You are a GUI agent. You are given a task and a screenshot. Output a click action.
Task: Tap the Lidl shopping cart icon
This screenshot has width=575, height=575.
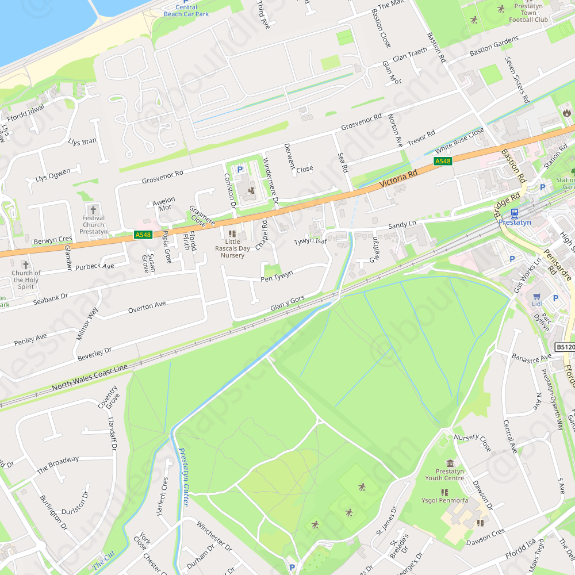pyautogui.click(x=537, y=298)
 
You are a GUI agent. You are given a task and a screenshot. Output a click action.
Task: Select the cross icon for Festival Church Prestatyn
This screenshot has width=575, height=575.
pyautogui.click(x=93, y=209)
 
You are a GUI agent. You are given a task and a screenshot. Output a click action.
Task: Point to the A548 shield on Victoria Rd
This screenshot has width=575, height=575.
pyautogui.click(x=443, y=162)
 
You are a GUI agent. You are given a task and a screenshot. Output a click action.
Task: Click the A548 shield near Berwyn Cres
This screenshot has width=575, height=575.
pyautogui.click(x=143, y=235)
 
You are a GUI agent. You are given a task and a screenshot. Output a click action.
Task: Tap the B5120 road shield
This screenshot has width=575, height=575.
pyautogui.click(x=565, y=347)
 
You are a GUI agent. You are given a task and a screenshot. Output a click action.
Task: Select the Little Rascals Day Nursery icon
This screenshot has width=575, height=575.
pyautogui.click(x=232, y=234)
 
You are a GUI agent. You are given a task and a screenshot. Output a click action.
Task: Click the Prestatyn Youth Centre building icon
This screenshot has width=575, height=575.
pyautogui.click(x=450, y=463)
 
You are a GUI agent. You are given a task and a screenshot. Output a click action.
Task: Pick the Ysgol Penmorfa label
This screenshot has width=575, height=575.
pyautogui.click(x=444, y=500)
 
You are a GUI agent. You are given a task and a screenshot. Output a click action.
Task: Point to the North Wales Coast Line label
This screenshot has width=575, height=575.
pyautogui.click(x=89, y=377)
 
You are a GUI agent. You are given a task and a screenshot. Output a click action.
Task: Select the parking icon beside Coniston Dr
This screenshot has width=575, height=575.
pyautogui.click(x=240, y=170)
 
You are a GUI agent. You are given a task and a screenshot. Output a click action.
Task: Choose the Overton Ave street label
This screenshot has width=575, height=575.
pyautogui.click(x=147, y=307)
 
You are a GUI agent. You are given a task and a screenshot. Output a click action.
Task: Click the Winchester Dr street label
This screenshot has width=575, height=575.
pyautogui.click(x=213, y=535)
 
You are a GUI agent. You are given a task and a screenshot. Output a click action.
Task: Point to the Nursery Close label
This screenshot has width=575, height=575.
pyautogui.click(x=473, y=442)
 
